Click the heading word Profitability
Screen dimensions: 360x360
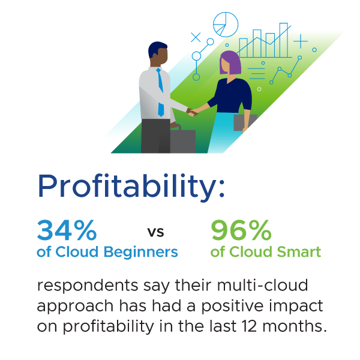pos(131,186)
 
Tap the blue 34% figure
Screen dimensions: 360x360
pos(67,230)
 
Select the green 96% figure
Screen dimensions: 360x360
pos(241,230)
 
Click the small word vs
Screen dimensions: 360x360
pos(155,232)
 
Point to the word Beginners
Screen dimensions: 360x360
pos(141,253)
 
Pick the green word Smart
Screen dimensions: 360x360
pos(299,252)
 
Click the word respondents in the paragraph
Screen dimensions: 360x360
pos(88,286)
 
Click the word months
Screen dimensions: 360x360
pos(295,326)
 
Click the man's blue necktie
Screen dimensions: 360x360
pos(160,92)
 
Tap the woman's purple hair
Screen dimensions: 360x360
pos(230,62)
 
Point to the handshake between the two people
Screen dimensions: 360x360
pos(193,112)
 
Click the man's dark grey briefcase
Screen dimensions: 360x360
pos(183,140)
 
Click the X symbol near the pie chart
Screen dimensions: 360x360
pos(196,37)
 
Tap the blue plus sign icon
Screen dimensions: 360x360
pos(301,41)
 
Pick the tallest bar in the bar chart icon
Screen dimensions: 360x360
pos(284,40)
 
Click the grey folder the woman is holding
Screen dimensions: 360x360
pos(244,122)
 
